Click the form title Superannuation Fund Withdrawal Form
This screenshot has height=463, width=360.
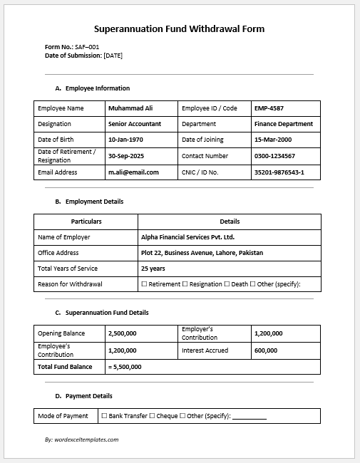tap(179, 29)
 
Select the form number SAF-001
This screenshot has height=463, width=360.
tap(87, 47)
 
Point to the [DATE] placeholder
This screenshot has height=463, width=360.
tap(113, 56)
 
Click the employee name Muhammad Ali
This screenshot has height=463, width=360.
tap(130, 108)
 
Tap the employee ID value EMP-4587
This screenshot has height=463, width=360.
tap(269, 108)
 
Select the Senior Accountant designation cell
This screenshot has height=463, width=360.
tap(135, 124)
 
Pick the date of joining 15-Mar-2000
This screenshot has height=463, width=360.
tap(272, 140)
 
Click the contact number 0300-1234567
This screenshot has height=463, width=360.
tap(274, 155)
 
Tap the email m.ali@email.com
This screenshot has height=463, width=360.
tap(133, 172)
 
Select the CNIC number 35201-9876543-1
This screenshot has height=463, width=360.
tap(284, 172)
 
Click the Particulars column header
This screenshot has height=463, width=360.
tap(86, 222)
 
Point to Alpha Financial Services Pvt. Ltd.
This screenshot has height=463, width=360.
tap(187, 237)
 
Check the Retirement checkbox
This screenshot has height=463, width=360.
tap(144, 284)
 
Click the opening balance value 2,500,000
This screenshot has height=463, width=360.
tap(122, 333)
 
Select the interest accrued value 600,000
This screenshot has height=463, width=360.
tap(266, 350)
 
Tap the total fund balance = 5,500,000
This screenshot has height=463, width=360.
tap(125, 367)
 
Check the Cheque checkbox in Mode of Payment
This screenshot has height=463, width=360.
tap(152, 416)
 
